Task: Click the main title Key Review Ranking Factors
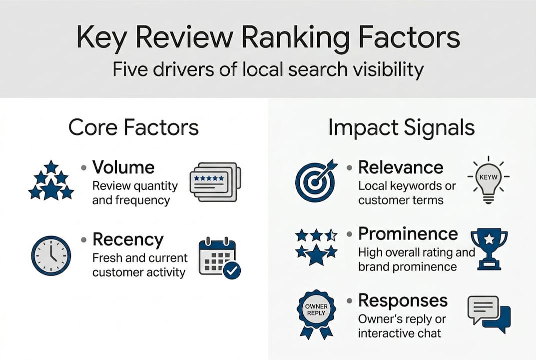coord(268,38)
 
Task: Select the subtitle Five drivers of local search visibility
coord(268,69)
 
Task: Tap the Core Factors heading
coord(133,127)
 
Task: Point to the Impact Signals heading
coord(401,127)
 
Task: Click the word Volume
coord(123,166)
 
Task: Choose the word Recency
coord(127,239)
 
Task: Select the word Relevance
coord(401,167)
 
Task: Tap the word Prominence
coord(408,233)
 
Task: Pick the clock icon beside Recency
coord(51,255)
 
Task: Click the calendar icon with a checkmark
coord(219,257)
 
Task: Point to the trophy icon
coord(489,248)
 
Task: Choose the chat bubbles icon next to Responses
coord(489,313)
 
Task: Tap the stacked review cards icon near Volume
coord(215,181)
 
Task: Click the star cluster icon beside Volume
coord(50,180)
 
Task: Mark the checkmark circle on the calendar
coord(232,270)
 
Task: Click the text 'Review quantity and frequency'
coord(135,193)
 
